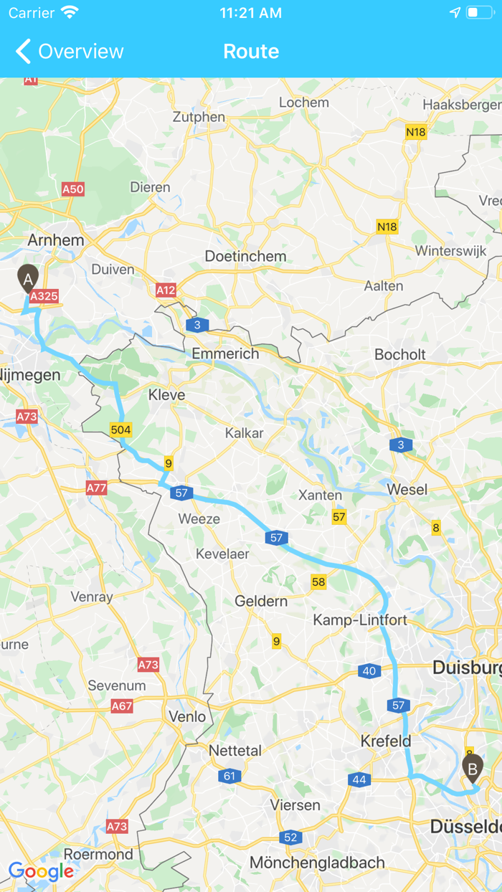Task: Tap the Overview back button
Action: coord(69,52)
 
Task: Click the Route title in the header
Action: coord(251,52)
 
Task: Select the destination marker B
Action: coord(472,769)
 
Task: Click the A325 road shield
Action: coord(44,295)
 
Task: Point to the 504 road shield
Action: coord(120,430)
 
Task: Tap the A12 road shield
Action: coord(166,290)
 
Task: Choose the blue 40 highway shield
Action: coord(369,671)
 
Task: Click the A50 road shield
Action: coord(72,189)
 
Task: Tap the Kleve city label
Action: coord(166,395)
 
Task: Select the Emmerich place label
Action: coord(225,354)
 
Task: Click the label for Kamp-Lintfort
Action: coord(360,620)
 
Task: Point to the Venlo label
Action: coord(187,716)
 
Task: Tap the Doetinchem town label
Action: coord(245,256)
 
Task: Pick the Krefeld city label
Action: coord(386,741)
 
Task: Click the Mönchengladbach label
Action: coord(317,863)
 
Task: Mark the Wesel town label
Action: coord(407,490)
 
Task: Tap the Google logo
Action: coord(41,871)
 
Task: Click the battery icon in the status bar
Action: coord(479,13)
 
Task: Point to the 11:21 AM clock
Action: coord(250,13)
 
